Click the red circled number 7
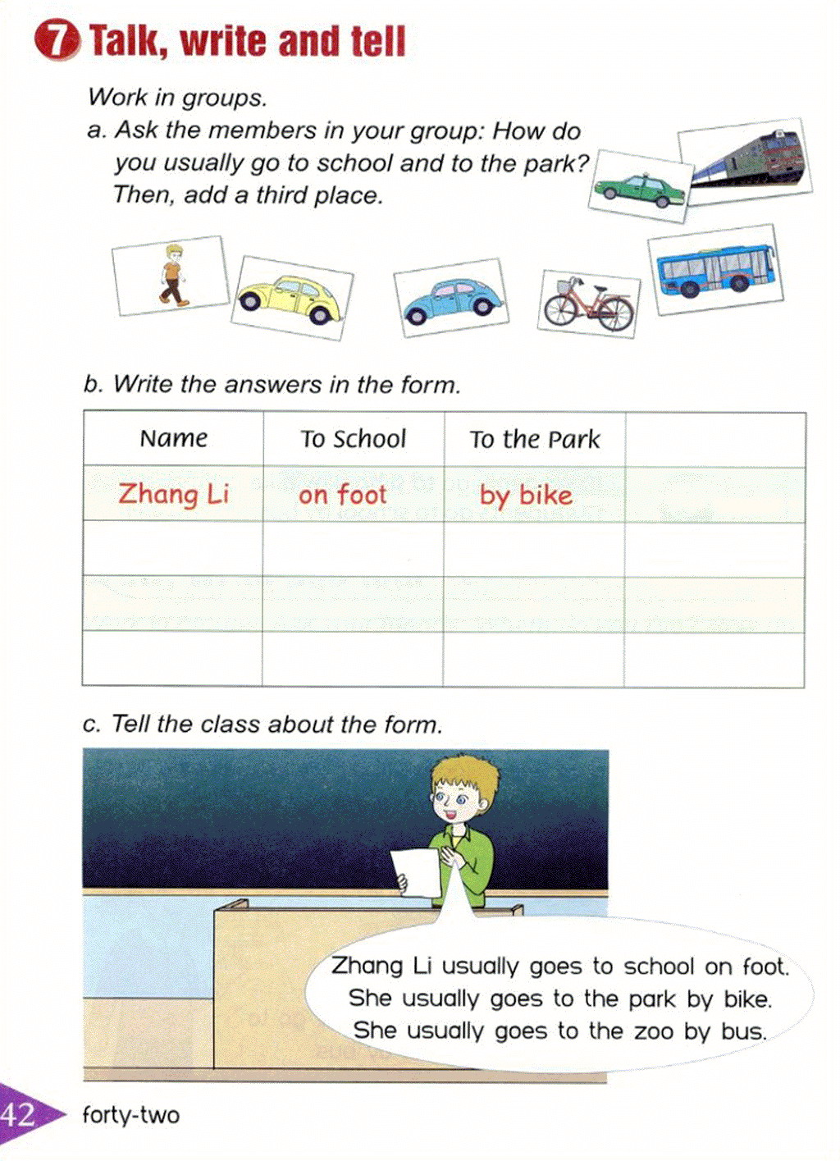(57, 41)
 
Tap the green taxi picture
(639, 189)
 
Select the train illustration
(746, 159)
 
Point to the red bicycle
(588, 304)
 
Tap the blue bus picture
(714, 269)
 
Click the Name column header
(173, 438)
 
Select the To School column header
(353, 439)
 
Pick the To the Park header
(535, 439)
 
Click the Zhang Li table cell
(173, 494)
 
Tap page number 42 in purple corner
(18, 1114)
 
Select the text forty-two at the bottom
(130, 1115)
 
